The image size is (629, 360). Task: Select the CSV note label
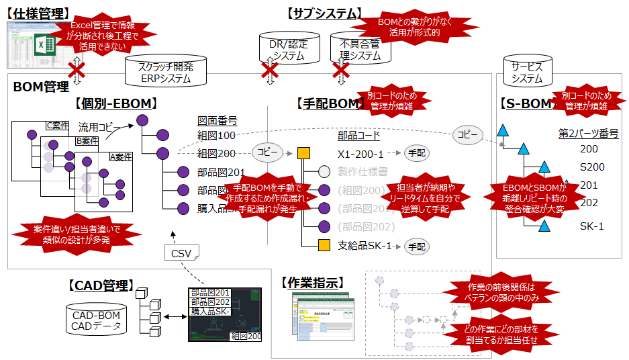180,253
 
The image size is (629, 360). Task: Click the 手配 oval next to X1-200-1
416,153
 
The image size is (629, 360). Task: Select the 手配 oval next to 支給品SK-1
416,246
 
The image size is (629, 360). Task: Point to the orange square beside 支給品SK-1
323,246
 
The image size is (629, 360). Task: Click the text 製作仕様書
363,171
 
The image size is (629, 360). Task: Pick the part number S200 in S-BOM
592,167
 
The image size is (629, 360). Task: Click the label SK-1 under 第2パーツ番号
591,226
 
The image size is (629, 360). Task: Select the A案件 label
121,157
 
